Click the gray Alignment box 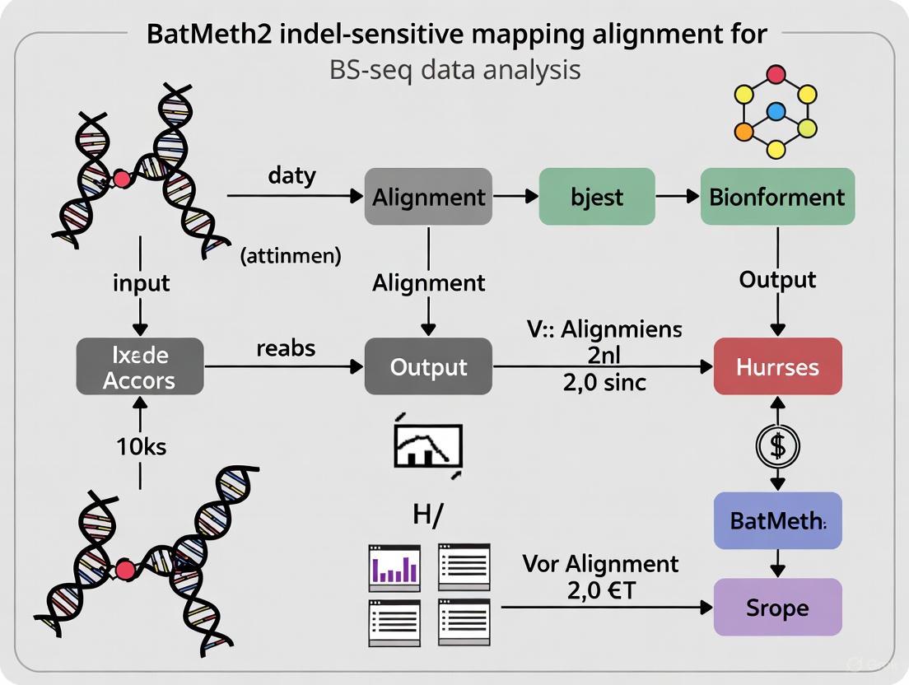[x=428, y=197]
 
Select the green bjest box [x=597, y=197]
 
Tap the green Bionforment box [x=777, y=197]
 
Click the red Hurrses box [x=778, y=366]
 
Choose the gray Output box [x=428, y=366]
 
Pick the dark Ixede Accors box [x=139, y=367]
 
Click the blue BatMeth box [x=777, y=520]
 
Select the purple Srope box [x=777, y=608]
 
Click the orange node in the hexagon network [x=744, y=131]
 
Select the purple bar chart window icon [x=394, y=567]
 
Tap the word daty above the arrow [x=292, y=175]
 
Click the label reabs [x=286, y=348]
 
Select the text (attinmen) [x=290, y=256]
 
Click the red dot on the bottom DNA [x=125, y=570]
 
